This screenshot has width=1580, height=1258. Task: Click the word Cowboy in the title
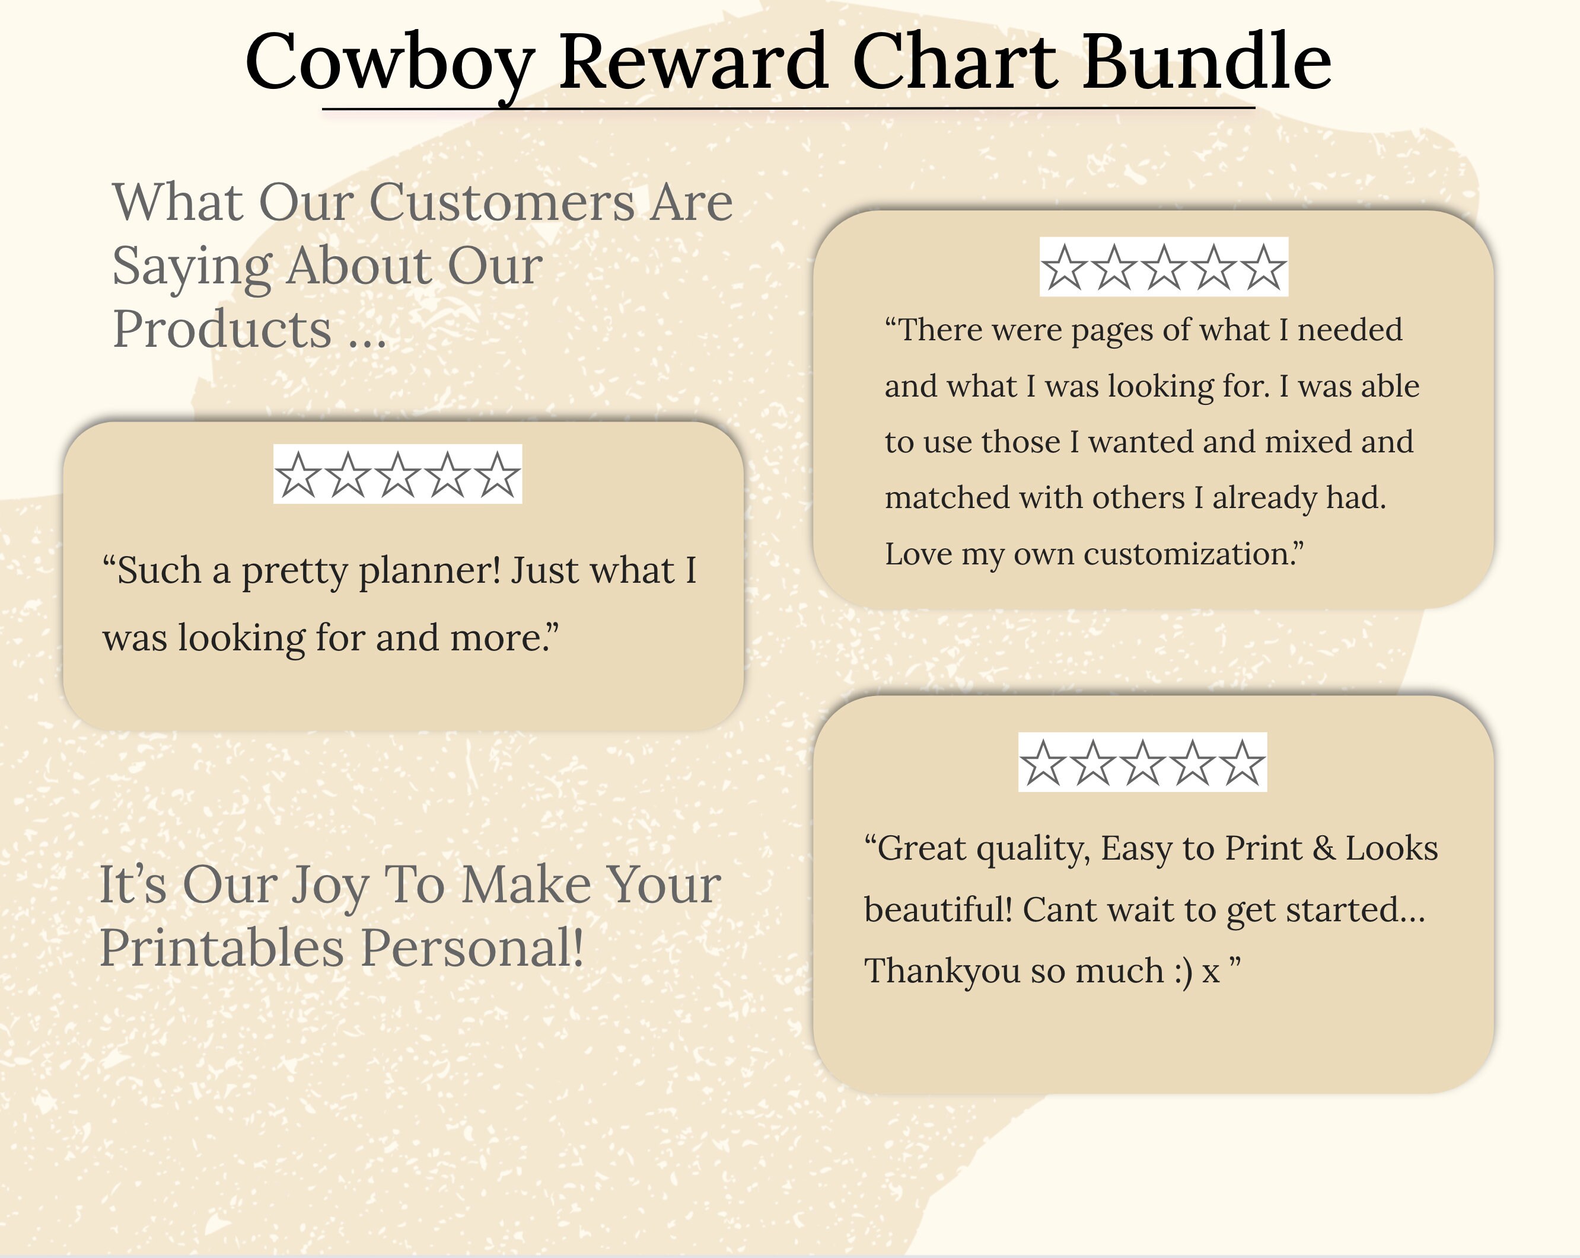[x=390, y=63]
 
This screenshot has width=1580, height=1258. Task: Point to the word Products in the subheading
[x=222, y=329]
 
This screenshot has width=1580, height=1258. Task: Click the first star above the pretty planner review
[x=298, y=475]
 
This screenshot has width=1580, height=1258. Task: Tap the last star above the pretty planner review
[x=497, y=475]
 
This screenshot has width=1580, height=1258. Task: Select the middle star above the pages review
[x=1164, y=267]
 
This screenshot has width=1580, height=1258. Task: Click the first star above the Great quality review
[x=1043, y=763]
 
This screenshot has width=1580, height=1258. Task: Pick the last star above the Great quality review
[x=1242, y=763]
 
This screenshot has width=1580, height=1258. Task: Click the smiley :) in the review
[x=1183, y=971]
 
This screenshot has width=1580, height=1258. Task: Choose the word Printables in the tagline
[x=221, y=948]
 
